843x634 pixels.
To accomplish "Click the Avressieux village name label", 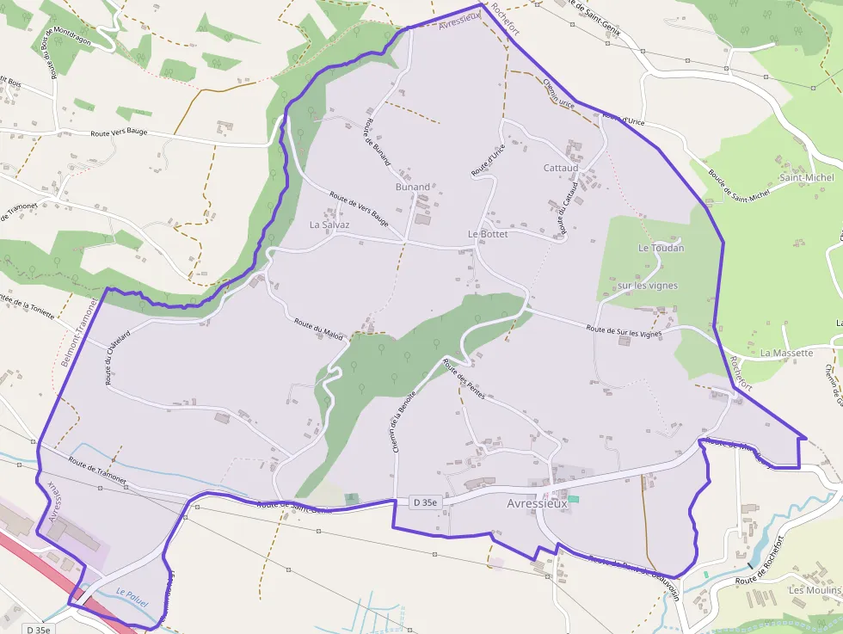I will point(538,504).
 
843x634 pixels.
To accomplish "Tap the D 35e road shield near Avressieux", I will point(425,502).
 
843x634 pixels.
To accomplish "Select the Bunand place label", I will point(412,187).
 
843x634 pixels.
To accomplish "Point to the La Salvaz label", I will point(329,225).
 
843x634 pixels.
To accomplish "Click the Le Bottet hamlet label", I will point(488,234).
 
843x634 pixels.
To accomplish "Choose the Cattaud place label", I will point(561,168).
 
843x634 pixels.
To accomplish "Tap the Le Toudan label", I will point(661,248).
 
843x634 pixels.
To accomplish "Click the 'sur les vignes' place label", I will point(648,286).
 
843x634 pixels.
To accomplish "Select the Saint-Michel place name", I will point(806,178).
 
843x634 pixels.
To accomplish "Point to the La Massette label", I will point(786,353).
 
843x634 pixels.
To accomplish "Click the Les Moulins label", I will point(809,590).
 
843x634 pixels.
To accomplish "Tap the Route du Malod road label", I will point(318,330).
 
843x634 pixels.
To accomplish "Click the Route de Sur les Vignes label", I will point(624,330).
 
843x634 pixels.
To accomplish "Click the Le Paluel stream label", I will point(132,598).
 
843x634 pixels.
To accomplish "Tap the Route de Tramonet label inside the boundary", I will point(93,471).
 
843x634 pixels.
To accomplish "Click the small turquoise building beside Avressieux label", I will point(574,499).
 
